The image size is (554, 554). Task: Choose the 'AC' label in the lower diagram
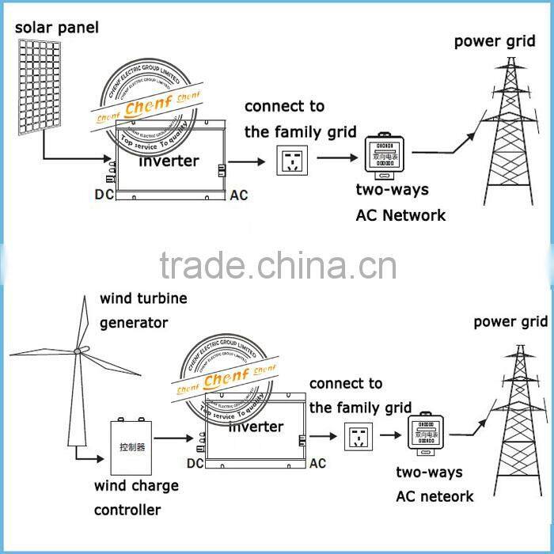click(317, 463)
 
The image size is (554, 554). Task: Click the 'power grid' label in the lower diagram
click(510, 321)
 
